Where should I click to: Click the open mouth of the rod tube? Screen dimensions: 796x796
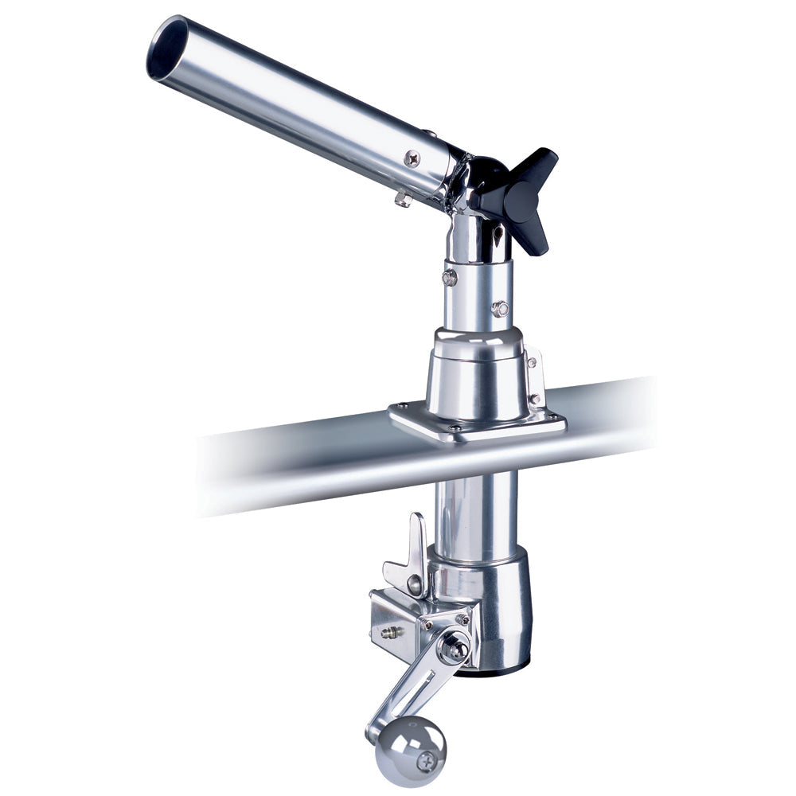168,49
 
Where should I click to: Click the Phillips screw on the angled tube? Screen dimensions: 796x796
412,158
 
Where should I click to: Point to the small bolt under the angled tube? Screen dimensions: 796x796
403,199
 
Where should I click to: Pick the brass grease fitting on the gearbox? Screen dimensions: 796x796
390,633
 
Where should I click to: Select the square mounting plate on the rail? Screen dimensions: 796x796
478,423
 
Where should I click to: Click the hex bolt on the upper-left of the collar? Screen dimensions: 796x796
450,277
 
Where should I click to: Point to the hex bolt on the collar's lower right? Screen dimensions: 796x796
500,308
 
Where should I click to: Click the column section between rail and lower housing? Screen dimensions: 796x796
476,509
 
